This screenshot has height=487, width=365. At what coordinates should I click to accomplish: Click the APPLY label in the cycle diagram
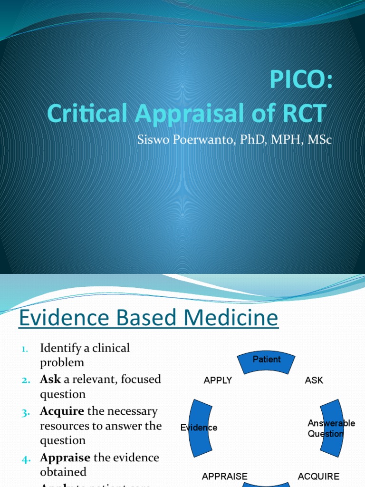(x=218, y=380)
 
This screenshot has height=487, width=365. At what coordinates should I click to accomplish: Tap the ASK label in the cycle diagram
(x=314, y=380)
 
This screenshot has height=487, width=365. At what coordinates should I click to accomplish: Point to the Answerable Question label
(x=331, y=429)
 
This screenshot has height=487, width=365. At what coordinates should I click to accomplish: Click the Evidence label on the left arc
(x=199, y=428)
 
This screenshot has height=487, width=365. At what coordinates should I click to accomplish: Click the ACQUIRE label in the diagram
(x=318, y=476)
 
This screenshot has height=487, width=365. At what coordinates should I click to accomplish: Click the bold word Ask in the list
(x=50, y=380)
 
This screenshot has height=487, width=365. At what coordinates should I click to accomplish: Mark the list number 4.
(x=26, y=458)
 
